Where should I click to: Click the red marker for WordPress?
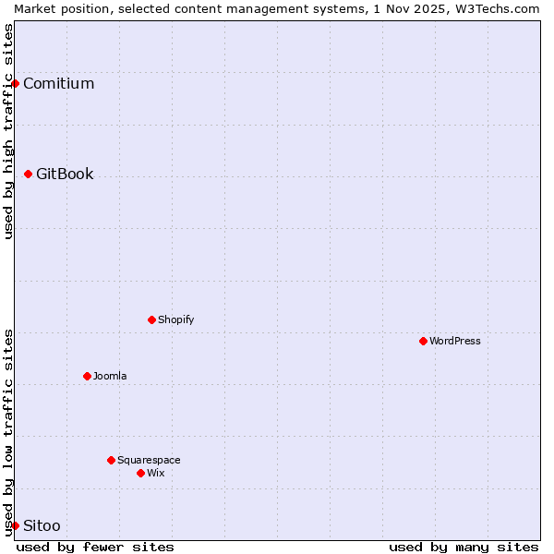click(x=423, y=341)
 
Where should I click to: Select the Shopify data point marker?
click(x=151, y=319)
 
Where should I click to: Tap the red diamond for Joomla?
click(x=87, y=376)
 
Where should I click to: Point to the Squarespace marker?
click(x=111, y=460)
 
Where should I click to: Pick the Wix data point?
click(x=140, y=473)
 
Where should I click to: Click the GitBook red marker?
click(x=28, y=174)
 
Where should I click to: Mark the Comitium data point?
click(x=15, y=83)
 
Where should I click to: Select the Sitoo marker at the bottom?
click(x=15, y=525)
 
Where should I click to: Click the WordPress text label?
click(x=454, y=341)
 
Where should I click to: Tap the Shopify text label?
click(x=175, y=319)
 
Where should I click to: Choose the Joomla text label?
click(x=110, y=376)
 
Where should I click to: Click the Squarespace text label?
click(x=149, y=460)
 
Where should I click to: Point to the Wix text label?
click(x=155, y=473)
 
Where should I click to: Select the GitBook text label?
click(x=65, y=174)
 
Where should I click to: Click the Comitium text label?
click(x=58, y=83)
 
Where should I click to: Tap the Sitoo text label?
click(x=42, y=525)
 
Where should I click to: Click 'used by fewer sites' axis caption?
click(x=95, y=547)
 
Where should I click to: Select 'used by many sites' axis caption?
click(x=464, y=547)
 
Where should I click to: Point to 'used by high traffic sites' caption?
click(x=8, y=131)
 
